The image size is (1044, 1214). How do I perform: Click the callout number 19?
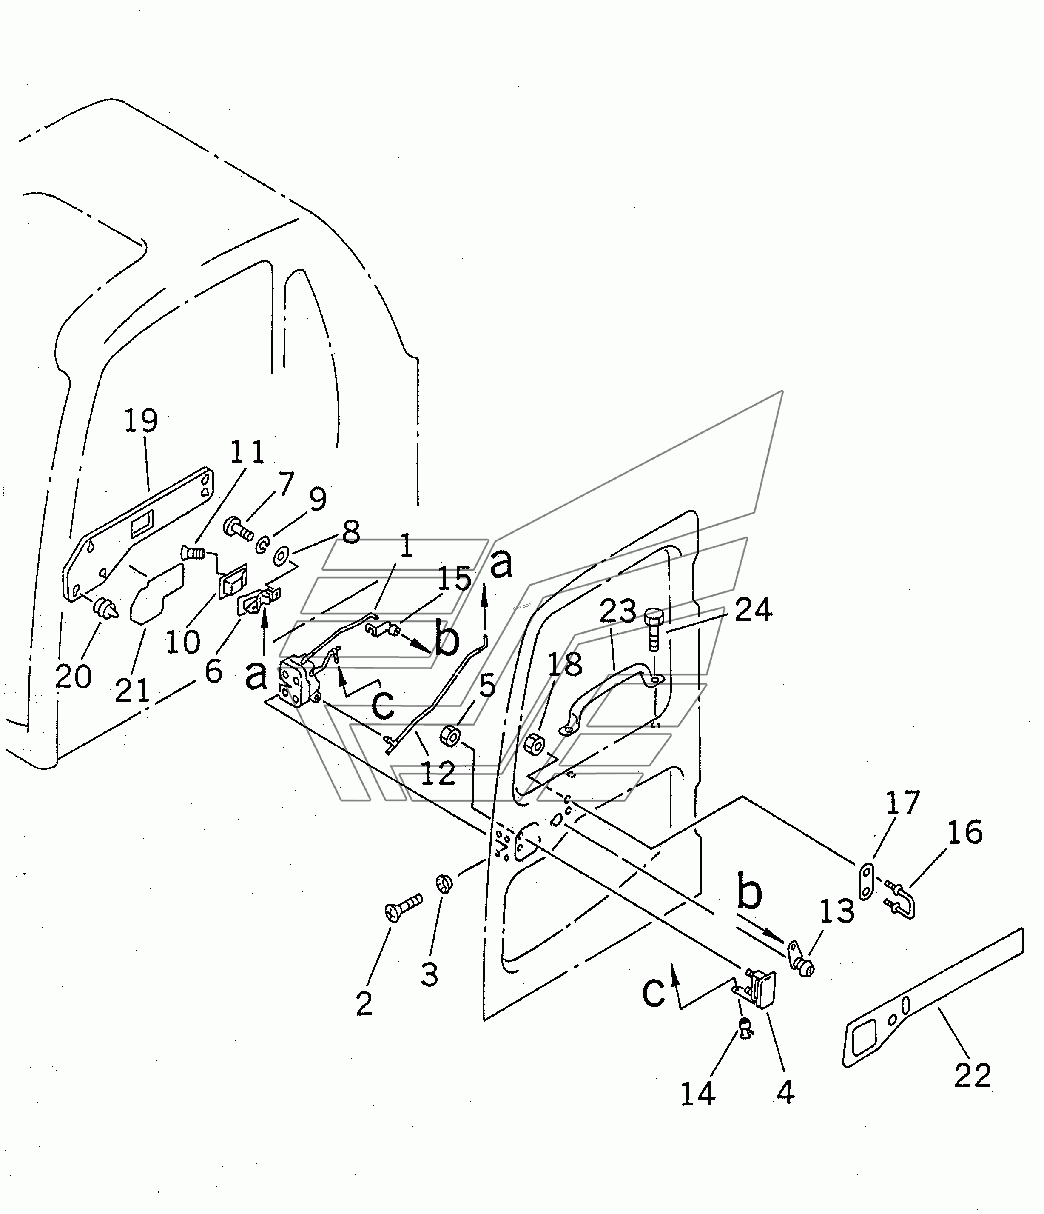pyautogui.click(x=141, y=421)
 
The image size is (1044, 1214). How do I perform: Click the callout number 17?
pyautogui.click(x=902, y=803)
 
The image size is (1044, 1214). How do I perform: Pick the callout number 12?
pyautogui.click(x=438, y=774)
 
